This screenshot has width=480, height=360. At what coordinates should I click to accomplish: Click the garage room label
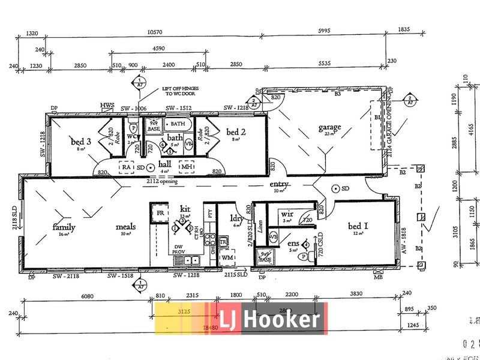(329, 127)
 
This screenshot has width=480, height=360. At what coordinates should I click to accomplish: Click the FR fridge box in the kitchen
(160, 214)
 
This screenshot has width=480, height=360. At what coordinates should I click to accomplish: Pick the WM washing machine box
(227, 258)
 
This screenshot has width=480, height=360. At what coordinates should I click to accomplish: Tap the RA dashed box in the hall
(127, 167)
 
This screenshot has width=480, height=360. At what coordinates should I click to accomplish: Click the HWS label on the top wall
(107, 106)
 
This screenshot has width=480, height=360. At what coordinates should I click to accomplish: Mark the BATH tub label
(178, 124)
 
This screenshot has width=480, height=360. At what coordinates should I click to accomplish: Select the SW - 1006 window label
(133, 108)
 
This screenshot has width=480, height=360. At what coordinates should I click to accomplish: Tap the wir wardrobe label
(287, 214)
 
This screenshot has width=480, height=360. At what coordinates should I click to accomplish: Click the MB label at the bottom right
(378, 277)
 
